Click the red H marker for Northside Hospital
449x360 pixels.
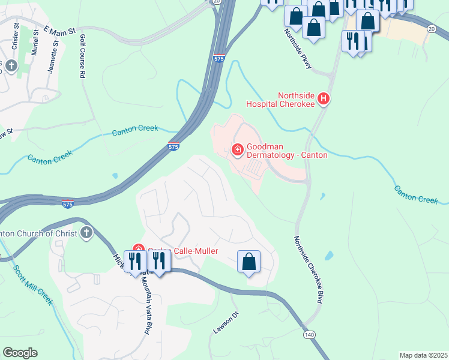[x=324, y=98]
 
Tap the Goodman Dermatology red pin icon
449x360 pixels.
[x=237, y=149]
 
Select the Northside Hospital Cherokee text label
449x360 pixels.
[x=280, y=99]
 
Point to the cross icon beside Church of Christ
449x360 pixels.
[x=86, y=233]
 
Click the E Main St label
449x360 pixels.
[x=60, y=29]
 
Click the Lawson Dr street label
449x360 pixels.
[x=226, y=323]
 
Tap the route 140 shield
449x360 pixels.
[x=309, y=334]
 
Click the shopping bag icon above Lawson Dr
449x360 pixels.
[x=249, y=262]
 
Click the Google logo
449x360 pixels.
[x=20, y=353]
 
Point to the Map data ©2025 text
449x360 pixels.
[x=423, y=355]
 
